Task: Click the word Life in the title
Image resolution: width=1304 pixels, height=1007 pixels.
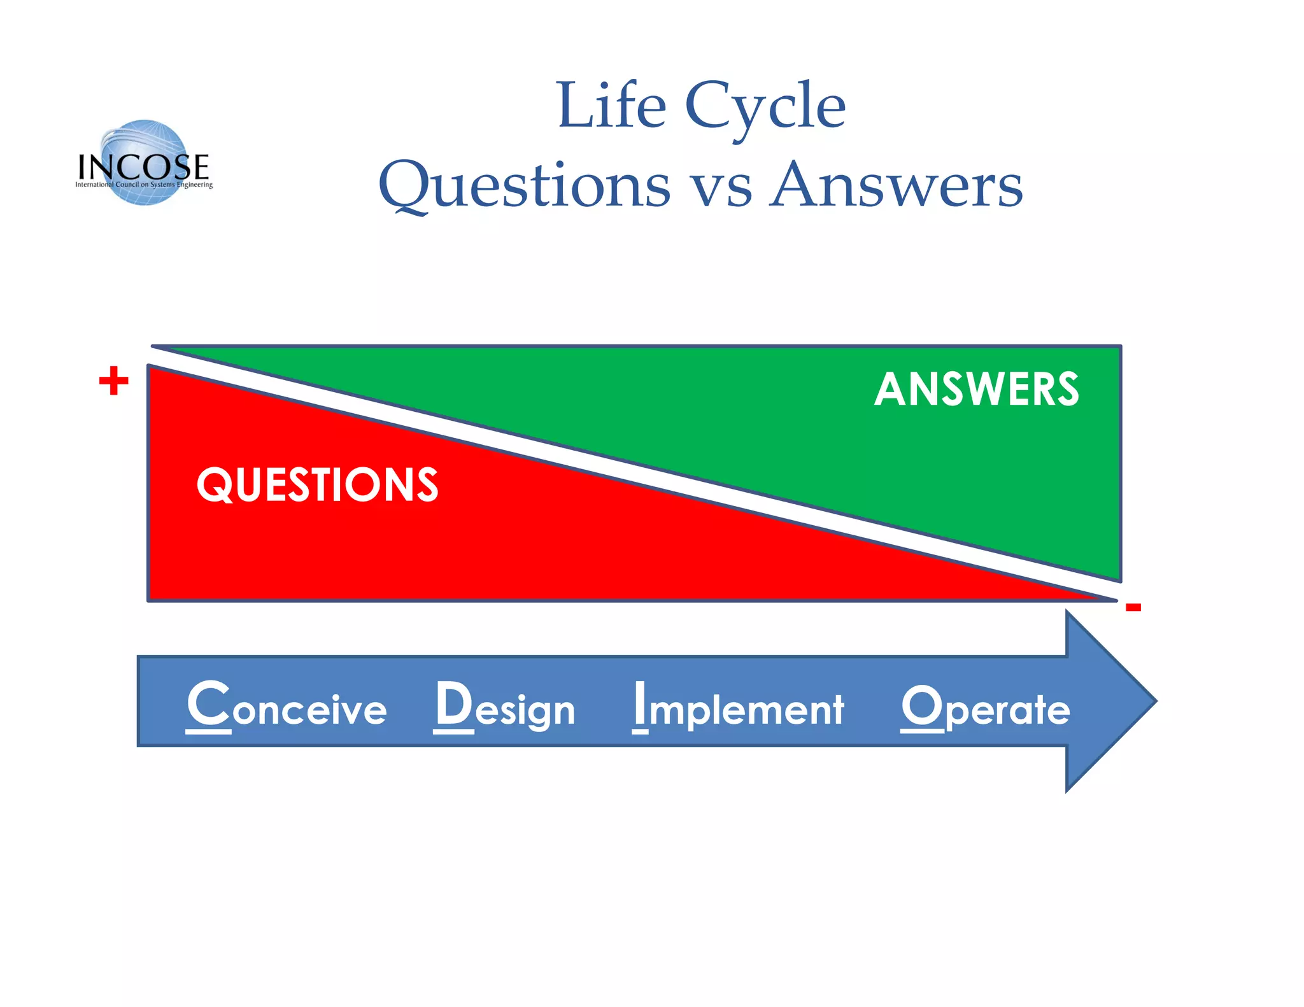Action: tap(611, 106)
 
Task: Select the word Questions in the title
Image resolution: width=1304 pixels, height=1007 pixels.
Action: tap(524, 186)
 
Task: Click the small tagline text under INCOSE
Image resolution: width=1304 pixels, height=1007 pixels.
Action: tap(144, 185)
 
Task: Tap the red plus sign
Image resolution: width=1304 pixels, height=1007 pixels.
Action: tap(114, 381)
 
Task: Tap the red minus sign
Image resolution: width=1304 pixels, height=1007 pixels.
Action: tap(1133, 607)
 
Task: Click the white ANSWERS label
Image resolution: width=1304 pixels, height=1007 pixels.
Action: tap(977, 389)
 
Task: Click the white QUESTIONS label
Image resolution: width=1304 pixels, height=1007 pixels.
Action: tap(317, 485)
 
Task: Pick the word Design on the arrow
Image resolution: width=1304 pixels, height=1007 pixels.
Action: tap(505, 707)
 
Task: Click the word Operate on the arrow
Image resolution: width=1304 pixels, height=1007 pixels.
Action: tap(985, 707)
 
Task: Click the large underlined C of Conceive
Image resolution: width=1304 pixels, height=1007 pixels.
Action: tap(208, 704)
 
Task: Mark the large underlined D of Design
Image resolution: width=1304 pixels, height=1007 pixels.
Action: tap(454, 704)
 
